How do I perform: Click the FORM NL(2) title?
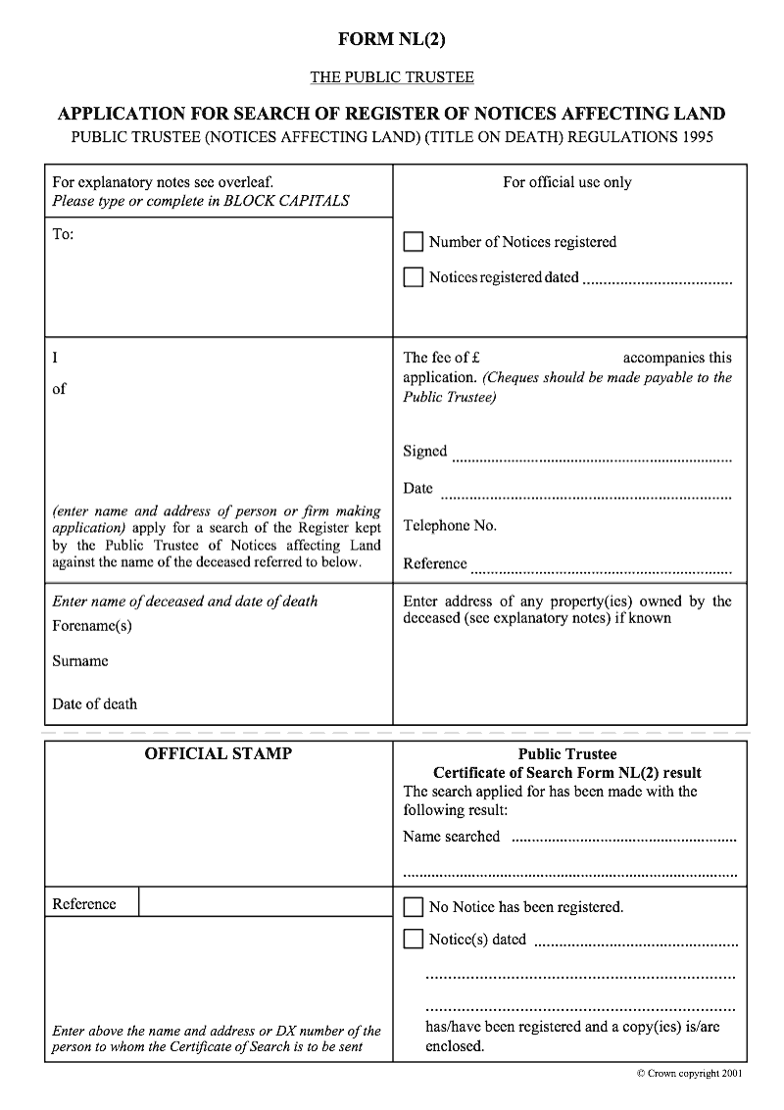[392, 39]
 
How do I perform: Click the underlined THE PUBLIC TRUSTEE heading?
[392, 76]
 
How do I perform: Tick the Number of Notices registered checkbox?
[414, 242]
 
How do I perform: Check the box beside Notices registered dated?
[414, 277]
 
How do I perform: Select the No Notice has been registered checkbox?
[414, 907]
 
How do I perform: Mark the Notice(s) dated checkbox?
[414, 940]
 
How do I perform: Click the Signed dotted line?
[592, 457]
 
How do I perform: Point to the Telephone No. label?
[450, 526]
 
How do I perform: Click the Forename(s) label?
[92, 625]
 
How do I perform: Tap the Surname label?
[80, 661]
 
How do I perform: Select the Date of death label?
[95, 703]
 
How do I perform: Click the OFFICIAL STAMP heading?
[219, 754]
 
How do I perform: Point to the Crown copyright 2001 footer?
[689, 1074]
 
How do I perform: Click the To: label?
[63, 234]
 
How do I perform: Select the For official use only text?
[567, 182]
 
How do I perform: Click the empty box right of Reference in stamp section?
[265, 902]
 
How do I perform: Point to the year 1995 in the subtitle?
[694, 137]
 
